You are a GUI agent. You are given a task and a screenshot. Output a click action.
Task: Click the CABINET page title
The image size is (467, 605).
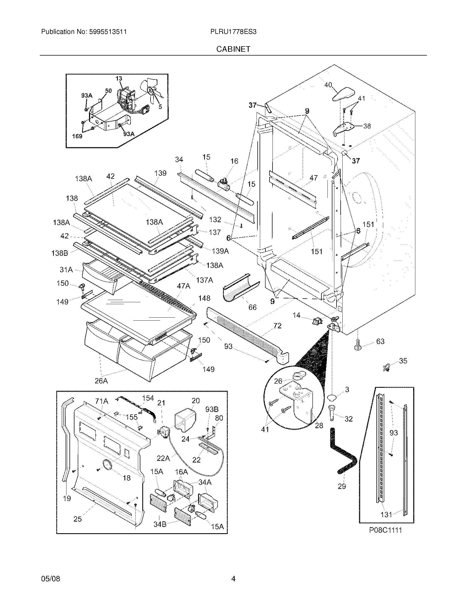[x=233, y=49]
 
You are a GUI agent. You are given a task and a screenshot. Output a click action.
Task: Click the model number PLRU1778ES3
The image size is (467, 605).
[x=233, y=32]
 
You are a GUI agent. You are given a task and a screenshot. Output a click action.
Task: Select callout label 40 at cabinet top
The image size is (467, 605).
[x=328, y=85]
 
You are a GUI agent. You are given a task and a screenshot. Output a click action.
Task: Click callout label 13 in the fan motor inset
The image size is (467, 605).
[x=119, y=79]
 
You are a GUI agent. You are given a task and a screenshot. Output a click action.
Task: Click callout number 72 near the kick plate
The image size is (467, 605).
[x=277, y=326]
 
